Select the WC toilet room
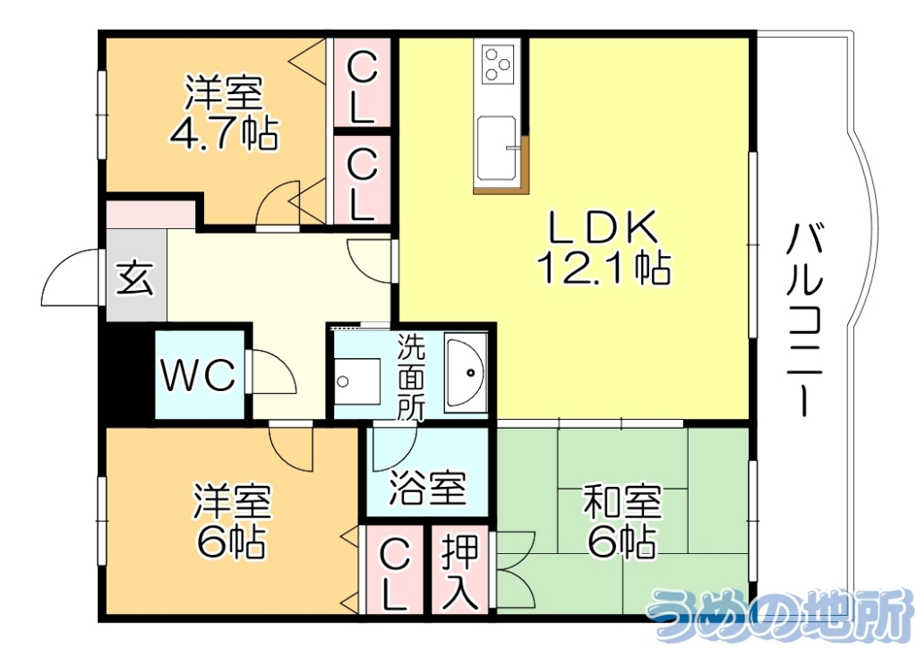pos(199,375)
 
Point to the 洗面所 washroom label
pos(411,377)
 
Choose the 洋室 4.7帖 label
pos(223,113)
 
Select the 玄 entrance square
pos(135,277)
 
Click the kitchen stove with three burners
pos(498,64)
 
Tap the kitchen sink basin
pos(495,148)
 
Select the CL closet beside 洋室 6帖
pos(393,574)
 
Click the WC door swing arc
pos(273,371)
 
